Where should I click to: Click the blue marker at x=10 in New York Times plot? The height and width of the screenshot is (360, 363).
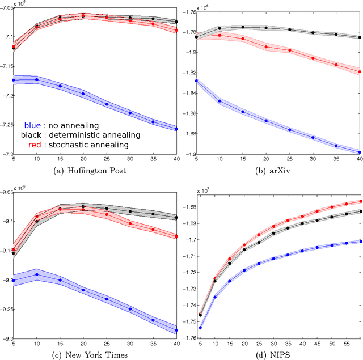coord(37,274)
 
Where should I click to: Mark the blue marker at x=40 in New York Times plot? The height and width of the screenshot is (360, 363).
coord(176,330)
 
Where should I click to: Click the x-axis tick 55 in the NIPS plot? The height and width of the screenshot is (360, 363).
coord(347,344)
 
